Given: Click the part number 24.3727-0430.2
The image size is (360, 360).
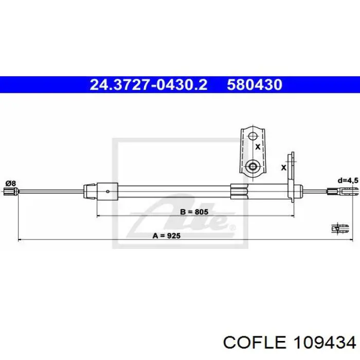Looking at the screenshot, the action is point(149,84).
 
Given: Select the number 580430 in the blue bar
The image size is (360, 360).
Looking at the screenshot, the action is point(255,84).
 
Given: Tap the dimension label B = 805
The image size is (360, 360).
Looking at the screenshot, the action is point(194,211).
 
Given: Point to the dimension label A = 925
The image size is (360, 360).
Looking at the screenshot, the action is point(167,236).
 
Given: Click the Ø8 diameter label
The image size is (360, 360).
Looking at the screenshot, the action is point(11,184).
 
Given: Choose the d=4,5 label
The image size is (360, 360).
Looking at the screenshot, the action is point(348,181).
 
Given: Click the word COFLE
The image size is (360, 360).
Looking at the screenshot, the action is point(255,343).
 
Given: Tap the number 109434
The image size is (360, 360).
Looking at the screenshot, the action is point(325,343).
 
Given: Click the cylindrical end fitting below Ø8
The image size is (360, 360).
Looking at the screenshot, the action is point(11,191).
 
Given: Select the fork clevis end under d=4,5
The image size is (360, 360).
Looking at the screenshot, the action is point(343,191).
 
